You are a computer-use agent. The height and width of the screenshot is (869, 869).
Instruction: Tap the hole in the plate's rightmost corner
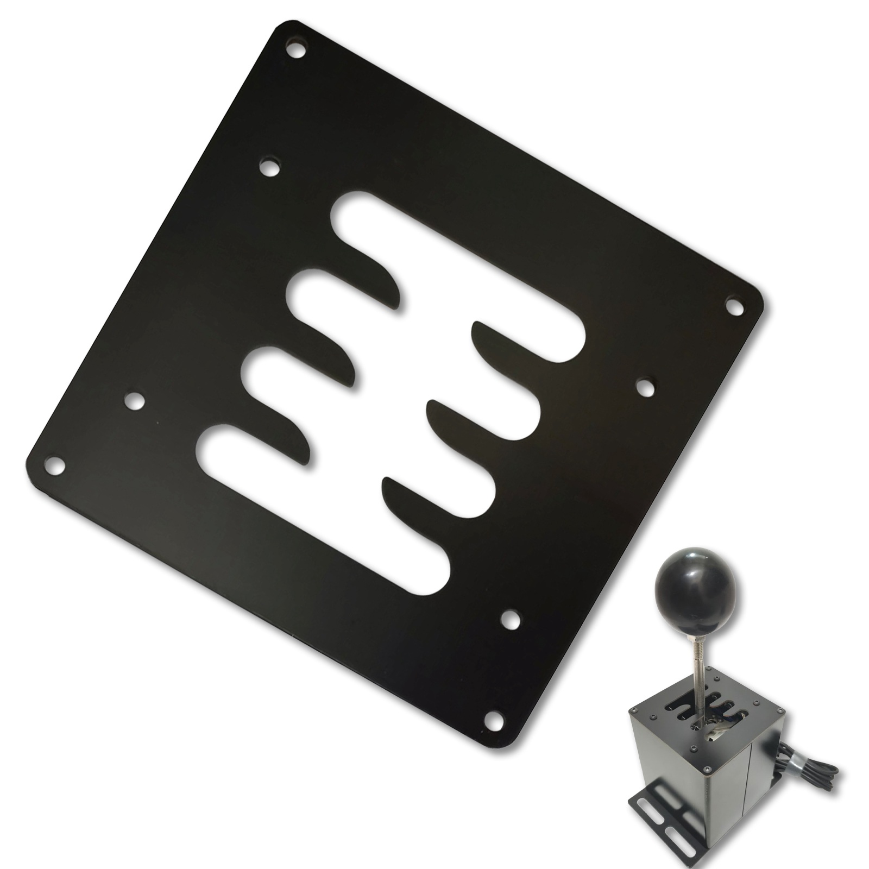coord(734,307)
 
